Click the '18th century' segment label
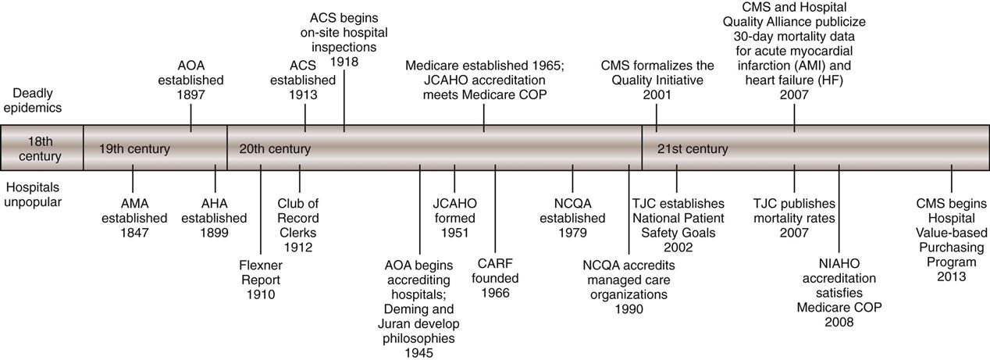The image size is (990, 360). pyautogui.click(x=41, y=148)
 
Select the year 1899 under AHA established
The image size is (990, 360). pyautogui.click(x=215, y=233)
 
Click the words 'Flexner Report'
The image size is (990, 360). pyautogui.click(x=261, y=273)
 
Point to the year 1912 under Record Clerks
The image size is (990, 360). pyautogui.click(x=298, y=248)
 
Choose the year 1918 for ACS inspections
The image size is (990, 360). pyautogui.click(x=345, y=61)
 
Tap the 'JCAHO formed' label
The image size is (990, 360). pyautogui.click(x=455, y=211)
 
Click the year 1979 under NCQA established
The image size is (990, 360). pyautogui.click(x=574, y=233)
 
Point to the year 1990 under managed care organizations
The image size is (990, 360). pyautogui.click(x=629, y=309)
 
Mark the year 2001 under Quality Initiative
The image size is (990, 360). pyautogui.click(x=657, y=95)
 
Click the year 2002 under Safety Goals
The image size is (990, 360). pyautogui.click(x=678, y=248)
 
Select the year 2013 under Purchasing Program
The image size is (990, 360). pyautogui.click(x=952, y=276)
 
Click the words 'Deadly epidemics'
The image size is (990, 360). pyautogui.click(x=31, y=101)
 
